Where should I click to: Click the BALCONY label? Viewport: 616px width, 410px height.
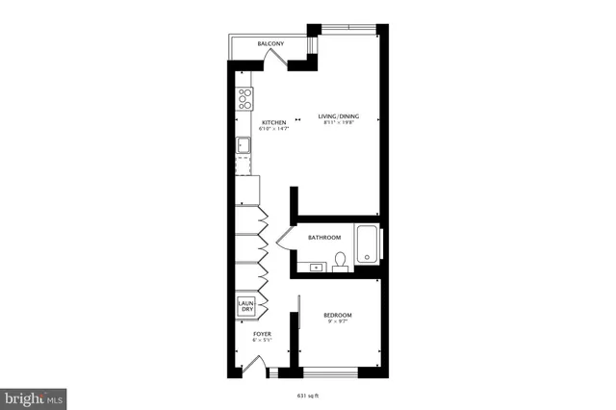point(269,45)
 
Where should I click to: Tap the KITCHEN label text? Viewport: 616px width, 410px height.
point(274,122)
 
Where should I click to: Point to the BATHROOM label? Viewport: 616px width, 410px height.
point(324,238)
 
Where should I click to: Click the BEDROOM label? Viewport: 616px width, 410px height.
point(337,316)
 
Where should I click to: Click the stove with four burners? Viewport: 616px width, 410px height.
point(244,98)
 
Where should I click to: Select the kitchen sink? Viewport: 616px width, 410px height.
point(244,146)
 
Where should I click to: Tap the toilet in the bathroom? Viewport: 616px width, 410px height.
point(340,261)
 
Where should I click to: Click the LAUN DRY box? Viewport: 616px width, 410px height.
point(245,306)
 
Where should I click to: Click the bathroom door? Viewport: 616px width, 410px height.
point(282,239)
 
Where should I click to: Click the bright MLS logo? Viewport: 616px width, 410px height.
point(35,396)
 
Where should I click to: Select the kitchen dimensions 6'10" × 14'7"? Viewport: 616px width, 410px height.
point(274,130)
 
